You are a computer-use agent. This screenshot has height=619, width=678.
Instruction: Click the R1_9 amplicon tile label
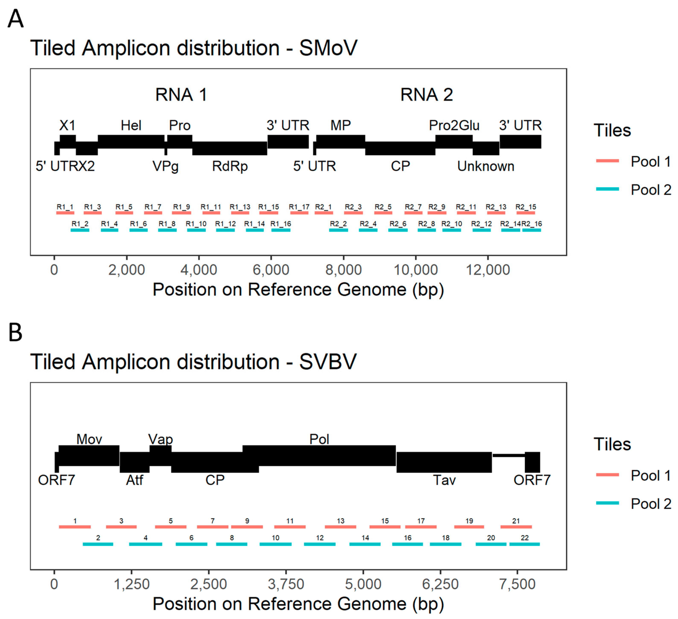(x=181, y=207)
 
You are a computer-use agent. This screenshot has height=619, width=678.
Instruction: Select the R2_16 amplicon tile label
(x=532, y=224)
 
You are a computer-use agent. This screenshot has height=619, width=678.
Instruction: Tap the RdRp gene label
(x=230, y=166)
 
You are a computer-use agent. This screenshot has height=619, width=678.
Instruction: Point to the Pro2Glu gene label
(x=454, y=125)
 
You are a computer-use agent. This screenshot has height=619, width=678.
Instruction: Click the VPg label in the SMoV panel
(x=165, y=166)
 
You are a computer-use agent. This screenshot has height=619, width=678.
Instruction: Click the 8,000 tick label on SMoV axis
(x=343, y=270)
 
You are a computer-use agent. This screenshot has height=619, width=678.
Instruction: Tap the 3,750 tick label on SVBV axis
(x=286, y=584)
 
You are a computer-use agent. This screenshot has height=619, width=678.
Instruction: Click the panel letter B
(x=15, y=333)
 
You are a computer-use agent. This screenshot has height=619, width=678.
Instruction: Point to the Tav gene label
(x=444, y=480)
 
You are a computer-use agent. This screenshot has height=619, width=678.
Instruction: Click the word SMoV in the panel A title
(x=328, y=48)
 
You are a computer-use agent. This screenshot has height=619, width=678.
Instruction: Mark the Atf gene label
(x=135, y=480)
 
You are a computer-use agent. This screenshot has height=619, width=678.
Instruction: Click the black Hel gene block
(x=131, y=142)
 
